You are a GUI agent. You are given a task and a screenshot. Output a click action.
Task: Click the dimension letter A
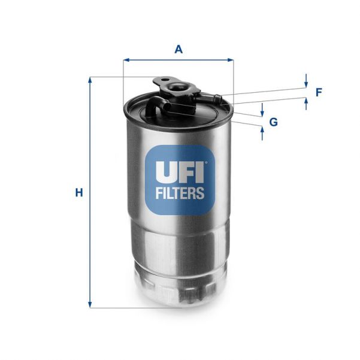[178, 50]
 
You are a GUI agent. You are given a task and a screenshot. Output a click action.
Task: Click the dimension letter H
[78, 193]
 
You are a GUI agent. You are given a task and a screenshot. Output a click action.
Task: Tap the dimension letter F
[319, 92]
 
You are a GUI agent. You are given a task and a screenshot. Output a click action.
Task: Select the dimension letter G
[274, 122]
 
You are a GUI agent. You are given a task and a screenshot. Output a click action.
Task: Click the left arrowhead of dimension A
[126, 60]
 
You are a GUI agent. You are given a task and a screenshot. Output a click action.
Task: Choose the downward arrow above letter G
[262, 113]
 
